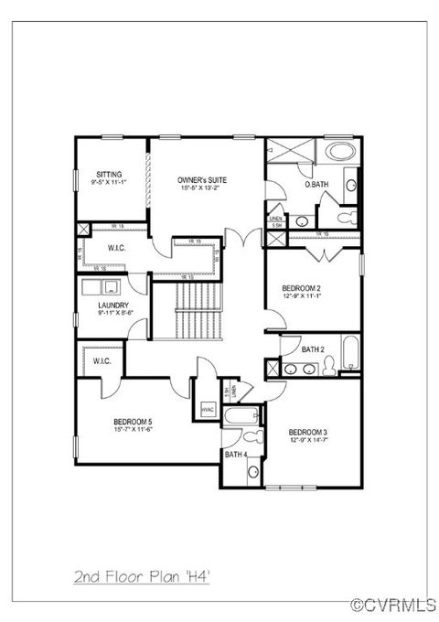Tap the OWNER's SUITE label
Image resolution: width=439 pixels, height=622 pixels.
click(x=202, y=180)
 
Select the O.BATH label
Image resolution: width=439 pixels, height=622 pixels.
click(x=317, y=185)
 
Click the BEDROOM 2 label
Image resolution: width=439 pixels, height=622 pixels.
click(x=307, y=287)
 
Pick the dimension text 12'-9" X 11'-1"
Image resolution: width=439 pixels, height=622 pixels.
click(x=307, y=295)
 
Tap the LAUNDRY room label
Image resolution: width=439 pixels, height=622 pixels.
click(x=113, y=306)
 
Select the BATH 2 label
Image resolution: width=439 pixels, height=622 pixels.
click(x=315, y=348)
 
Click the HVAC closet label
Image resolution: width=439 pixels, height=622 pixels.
click(x=208, y=409)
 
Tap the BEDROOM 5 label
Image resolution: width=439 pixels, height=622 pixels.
click(x=133, y=420)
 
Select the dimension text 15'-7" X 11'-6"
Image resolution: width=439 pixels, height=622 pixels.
click(x=133, y=428)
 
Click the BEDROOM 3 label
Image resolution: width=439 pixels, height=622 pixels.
click(x=307, y=432)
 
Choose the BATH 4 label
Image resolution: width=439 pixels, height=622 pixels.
click(x=235, y=454)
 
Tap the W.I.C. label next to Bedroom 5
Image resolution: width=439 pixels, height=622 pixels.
click(x=102, y=361)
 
